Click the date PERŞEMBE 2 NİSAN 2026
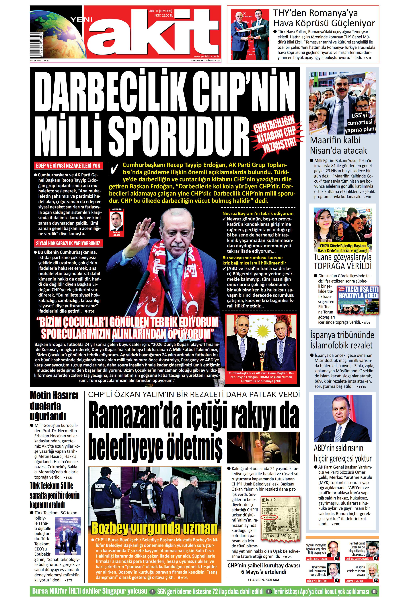point(205,61)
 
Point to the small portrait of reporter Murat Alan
point(116,221)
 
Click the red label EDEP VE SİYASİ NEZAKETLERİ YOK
point(68,165)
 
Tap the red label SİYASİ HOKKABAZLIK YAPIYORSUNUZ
point(68,243)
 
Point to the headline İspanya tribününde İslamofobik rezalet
point(342,340)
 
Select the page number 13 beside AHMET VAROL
point(376,581)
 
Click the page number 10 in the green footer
point(374,591)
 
